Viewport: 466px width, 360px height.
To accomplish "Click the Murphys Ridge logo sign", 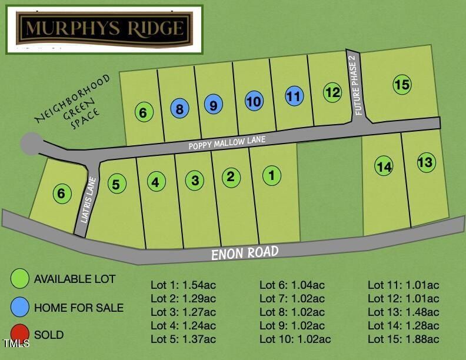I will coord(104,28).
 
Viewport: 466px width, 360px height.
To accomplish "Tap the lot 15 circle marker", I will coord(402,85).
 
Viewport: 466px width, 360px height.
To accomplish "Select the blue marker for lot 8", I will coord(180,109).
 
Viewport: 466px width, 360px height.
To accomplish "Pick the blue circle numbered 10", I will coord(254,101).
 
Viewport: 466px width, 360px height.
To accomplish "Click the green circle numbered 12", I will coord(332,92).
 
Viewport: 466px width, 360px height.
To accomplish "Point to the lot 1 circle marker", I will coord(271,175).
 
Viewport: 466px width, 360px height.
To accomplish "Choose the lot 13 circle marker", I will coord(425,162).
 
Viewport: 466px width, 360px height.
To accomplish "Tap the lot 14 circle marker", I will coord(384,166).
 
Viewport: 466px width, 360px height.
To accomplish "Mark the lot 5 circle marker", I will coord(116,184).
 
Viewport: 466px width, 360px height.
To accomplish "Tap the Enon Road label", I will coord(245,254).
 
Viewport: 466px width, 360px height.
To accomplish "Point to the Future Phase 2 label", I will coord(356,86).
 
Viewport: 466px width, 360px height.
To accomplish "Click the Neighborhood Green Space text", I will coord(74,103).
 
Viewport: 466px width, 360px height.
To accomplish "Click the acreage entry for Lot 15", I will coord(404,339).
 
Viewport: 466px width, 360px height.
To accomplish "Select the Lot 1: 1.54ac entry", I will coord(183,285).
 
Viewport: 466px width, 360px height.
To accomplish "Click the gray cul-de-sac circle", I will coord(31,144).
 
